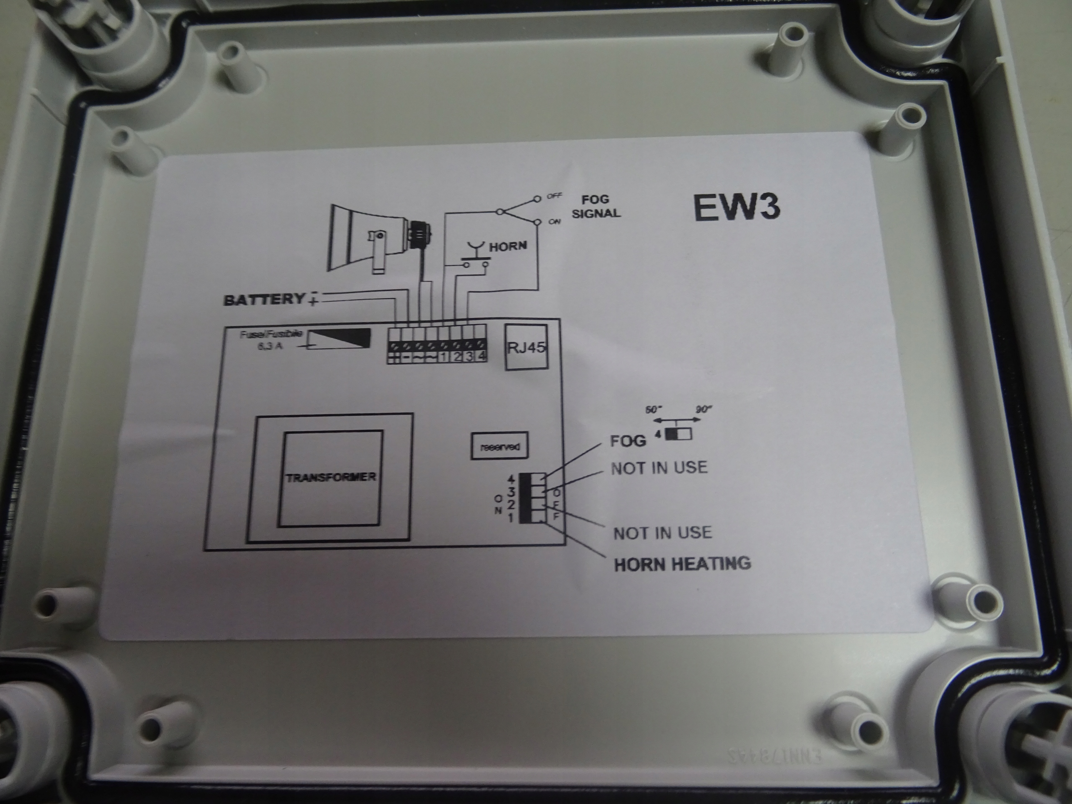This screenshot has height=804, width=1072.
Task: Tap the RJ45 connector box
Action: [x=526, y=347]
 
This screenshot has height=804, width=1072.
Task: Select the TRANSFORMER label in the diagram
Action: [x=330, y=477]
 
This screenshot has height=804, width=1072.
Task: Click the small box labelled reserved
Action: [x=499, y=446]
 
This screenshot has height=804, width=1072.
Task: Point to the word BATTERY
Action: [x=264, y=299]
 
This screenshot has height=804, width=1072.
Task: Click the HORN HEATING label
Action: [x=683, y=564]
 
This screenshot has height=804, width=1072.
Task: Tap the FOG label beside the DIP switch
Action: [x=628, y=441]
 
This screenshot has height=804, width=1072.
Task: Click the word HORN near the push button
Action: [x=508, y=246]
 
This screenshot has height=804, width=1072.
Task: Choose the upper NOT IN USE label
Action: [x=659, y=468]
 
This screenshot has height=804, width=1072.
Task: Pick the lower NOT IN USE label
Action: [x=662, y=533]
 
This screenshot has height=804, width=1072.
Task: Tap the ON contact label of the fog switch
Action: [x=554, y=222]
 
